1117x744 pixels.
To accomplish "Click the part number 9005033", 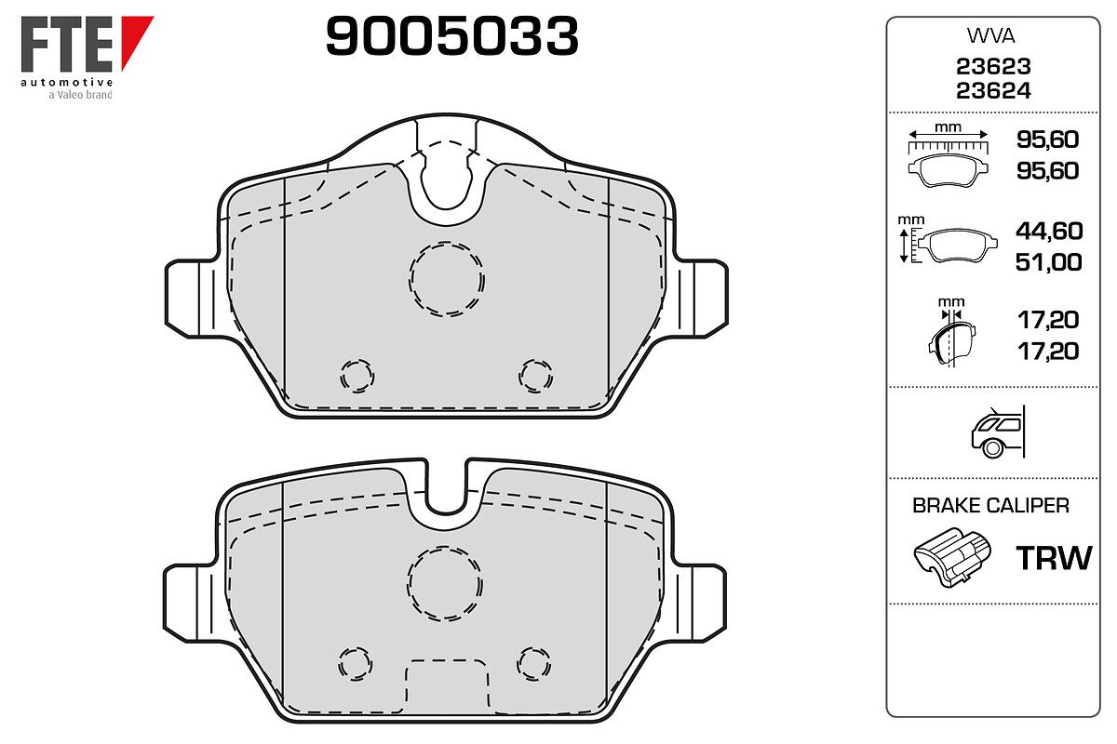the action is [x=451, y=36].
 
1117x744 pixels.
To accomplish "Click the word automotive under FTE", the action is [x=67, y=82].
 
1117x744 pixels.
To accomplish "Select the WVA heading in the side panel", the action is [x=990, y=36].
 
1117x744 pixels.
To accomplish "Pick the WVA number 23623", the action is [x=993, y=66].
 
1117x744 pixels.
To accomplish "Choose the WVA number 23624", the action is [x=993, y=91].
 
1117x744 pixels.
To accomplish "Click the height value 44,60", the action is [x=1049, y=231].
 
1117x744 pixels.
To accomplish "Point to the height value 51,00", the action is [x=1049, y=262].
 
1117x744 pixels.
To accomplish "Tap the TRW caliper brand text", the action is [x=1054, y=558].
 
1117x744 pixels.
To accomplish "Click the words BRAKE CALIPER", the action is [x=990, y=506].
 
